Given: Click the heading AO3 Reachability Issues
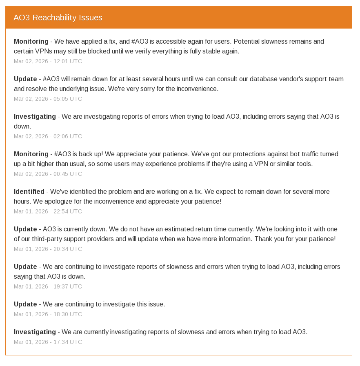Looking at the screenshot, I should tap(58, 18).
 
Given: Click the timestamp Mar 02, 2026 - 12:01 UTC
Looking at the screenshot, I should tap(48, 61).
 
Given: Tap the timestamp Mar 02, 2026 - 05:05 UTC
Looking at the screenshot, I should tap(48, 99).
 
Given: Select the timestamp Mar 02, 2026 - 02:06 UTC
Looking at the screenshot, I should tap(48, 136).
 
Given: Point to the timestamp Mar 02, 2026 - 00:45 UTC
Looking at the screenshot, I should tap(48, 174).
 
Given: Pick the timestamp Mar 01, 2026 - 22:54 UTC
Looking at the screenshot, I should tap(48, 211).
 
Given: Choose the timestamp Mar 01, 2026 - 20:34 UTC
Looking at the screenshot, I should tap(48, 249).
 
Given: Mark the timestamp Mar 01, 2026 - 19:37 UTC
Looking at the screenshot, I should tap(48, 286).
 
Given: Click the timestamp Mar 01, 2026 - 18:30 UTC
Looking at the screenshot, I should tap(48, 314).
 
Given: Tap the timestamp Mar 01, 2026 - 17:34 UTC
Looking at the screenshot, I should tap(48, 342).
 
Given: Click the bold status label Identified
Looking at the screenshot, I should tap(29, 191).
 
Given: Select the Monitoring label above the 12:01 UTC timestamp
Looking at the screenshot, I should tap(31, 41).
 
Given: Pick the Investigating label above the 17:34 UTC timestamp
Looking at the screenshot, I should tap(35, 332).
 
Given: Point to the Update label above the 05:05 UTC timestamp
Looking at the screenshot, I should tap(25, 79).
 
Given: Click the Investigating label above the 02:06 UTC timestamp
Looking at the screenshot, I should tap(35, 116).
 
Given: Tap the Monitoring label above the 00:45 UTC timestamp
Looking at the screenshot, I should tap(31, 154).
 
